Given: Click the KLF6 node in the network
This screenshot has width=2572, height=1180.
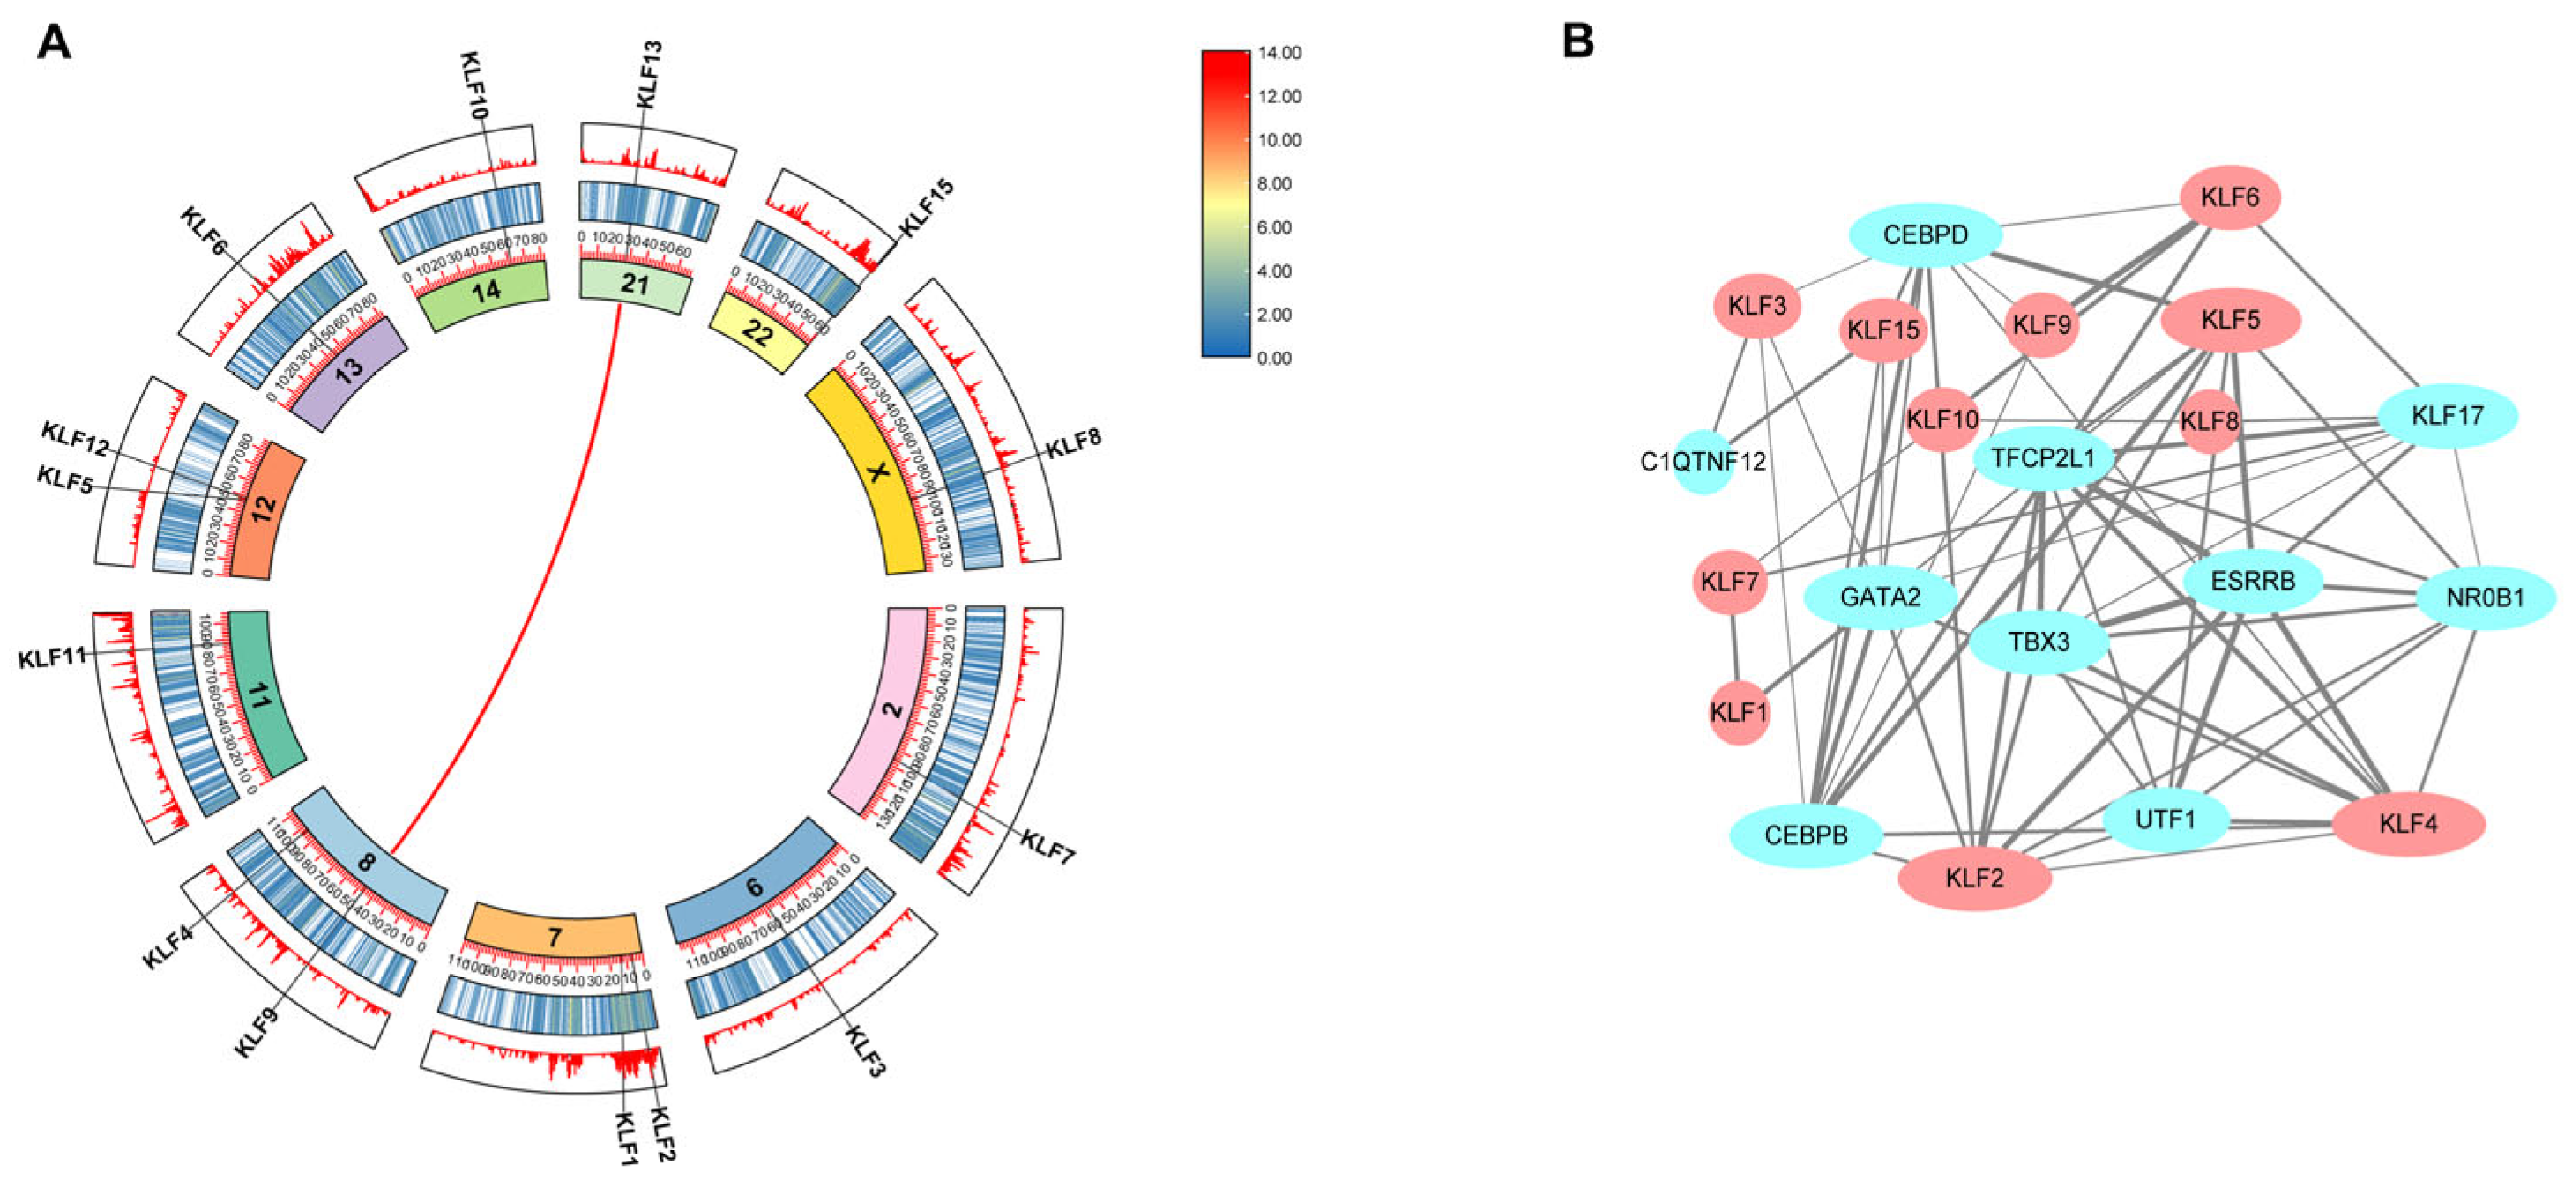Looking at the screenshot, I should pos(2230,197).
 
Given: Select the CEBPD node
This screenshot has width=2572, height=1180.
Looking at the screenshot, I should pos(1925,235).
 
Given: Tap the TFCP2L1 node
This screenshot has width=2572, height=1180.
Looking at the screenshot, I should pos(2043,458).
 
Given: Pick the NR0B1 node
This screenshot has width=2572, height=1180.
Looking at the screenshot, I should pos(2484,598).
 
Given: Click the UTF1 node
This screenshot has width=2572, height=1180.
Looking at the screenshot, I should pos(2165,820).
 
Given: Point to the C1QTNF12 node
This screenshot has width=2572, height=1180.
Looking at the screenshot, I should pos(1703,462).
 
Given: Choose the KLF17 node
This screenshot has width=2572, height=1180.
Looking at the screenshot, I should pos(2446,415).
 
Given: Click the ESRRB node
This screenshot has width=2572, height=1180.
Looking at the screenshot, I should pos(2253,581).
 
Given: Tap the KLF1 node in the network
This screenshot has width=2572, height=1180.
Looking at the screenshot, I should pos(1738,713).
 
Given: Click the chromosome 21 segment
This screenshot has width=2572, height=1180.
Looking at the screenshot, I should pos(635,286).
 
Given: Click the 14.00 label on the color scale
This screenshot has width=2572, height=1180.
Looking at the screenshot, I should pos(1279,53).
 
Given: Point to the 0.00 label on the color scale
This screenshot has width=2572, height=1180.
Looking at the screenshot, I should pos(1274,359).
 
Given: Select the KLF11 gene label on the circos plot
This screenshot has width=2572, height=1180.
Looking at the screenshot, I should pos(53,659).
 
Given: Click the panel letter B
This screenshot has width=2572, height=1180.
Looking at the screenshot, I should pos(1577,42).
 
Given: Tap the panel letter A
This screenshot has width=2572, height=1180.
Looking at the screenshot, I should pos(54,43).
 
